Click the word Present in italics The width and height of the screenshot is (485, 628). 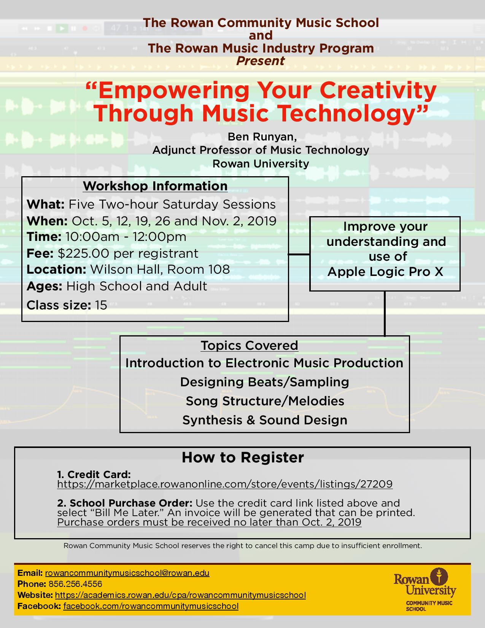[x=260, y=61]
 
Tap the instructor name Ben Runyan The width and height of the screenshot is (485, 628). [x=261, y=137]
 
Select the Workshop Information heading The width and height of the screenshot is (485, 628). [x=155, y=186]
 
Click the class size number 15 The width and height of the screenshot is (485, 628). [x=101, y=305]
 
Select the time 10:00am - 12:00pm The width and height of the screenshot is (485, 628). [x=126, y=237]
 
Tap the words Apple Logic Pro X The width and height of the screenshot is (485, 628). [x=385, y=272]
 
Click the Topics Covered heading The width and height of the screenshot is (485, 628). [x=249, y=346]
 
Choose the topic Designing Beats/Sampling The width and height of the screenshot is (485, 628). [x=265, y=382]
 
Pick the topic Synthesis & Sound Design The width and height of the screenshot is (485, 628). [x=265, y=420]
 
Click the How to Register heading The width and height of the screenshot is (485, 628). [x=243, y=457]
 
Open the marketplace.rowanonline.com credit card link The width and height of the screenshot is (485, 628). [x=225, y=484]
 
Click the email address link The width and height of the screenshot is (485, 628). [x=127, y=573]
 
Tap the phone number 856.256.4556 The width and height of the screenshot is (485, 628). [x=75, y=584]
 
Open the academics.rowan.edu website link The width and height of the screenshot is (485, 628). [x=180, y=595]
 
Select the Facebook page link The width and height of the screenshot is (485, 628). [x=151, y=606]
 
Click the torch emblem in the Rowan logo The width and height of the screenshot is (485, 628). [x=439, y=577]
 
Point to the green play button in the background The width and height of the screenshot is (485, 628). [x=62, y=28]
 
